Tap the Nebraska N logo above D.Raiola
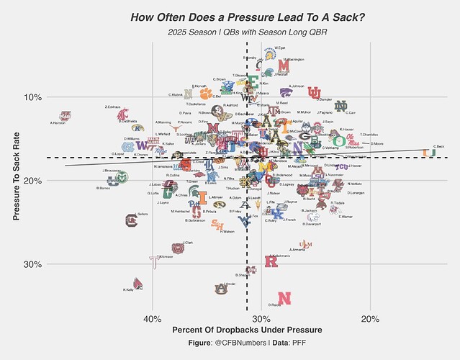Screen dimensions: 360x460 284,297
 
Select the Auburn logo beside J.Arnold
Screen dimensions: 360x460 220,289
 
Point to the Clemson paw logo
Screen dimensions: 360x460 207,93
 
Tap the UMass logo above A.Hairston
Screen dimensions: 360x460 66,115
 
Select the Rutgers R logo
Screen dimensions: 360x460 271,261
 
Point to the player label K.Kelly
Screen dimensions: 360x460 128,290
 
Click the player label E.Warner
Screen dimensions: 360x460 346,216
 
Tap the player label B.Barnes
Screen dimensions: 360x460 103,188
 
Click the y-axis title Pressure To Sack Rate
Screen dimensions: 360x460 16,181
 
